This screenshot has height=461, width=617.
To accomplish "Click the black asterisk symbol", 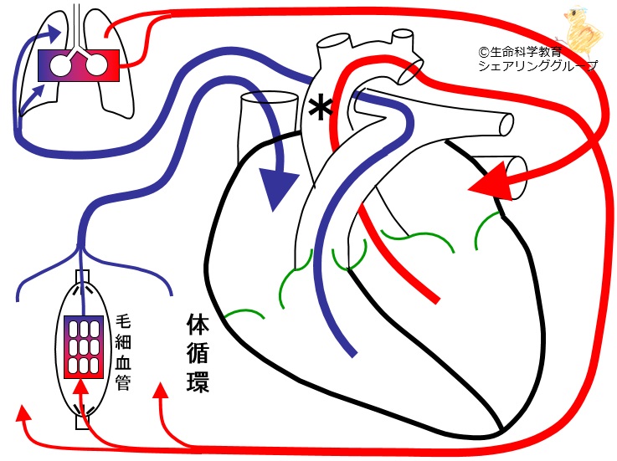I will click(x=318, y=108).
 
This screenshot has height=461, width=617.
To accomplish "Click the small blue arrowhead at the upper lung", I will click(x=54, y=33).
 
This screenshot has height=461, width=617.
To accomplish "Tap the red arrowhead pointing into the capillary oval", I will click(x=80, y=387).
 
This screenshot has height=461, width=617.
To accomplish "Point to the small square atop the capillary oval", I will click(x=80, y=277).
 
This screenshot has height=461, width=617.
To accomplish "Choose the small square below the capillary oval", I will click(x=81, y=423).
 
